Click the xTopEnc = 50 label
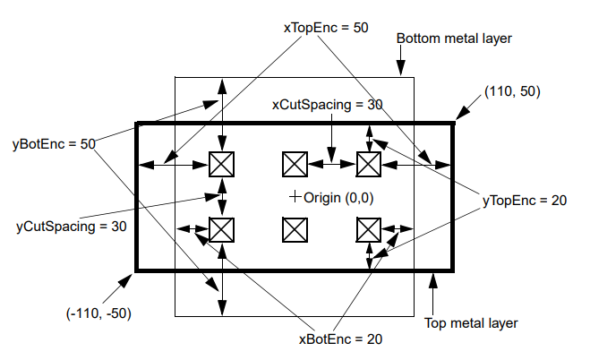click(326, 28)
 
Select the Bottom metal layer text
click(454, 39)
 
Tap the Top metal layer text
click(471, 323)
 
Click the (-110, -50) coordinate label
click(98, 313)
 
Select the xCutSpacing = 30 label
click(328, 105)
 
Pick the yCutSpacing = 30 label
click(71, 227)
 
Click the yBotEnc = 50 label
click(54, 144)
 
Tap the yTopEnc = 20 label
click(525, 201)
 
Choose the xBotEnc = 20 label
click(340, 339)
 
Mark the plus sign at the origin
click(295, 196)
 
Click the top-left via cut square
click(222, 165)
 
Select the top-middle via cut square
click(295, 165)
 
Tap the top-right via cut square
click(369, 165)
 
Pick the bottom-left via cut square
click(222, 230)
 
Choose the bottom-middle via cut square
click(295, 230)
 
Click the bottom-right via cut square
click(369, 230)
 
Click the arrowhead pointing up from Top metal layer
click(433, 280)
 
